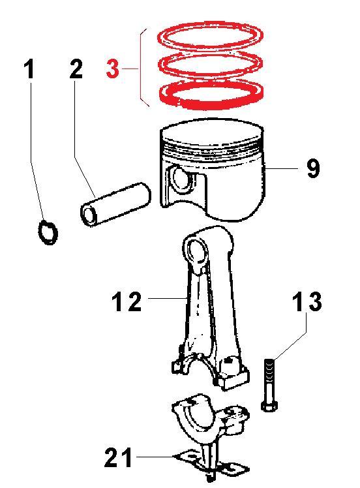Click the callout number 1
click(x=29, y=69)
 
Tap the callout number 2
click(x=76, y=69)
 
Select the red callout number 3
click(x=112, y=69)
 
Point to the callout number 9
click(x=313, y=168)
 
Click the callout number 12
click(x=127, y=301)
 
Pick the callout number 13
click(x=307, y=301)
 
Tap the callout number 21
click(x=118, y=457)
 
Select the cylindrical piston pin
click(x=115, y=204)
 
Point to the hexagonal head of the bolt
click(x=269, y=406)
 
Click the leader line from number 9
click(x=282, y=168)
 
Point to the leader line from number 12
click(x=168, y=298)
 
